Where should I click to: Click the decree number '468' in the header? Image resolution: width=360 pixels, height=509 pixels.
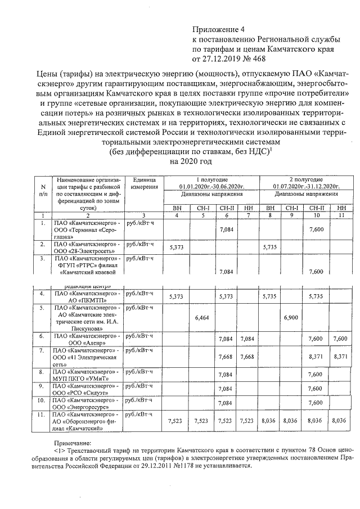(258, 58)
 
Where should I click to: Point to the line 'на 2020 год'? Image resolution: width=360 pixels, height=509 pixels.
(191, 161)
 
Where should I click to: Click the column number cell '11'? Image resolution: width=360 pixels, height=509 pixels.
(339, 215)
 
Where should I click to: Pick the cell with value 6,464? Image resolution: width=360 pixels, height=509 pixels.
(202, 318)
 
